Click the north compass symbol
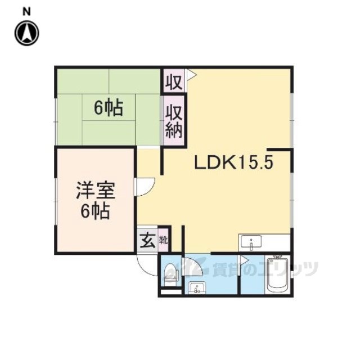[27, 33]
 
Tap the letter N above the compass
[26, 12]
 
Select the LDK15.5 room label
[234, 163]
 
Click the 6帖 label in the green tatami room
[109, 108]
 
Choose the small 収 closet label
[174, 82]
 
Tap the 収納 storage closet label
[174, 122]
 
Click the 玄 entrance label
[147, 240]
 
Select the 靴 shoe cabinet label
[164, 241]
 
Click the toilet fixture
[171, 274]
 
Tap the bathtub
[278, 275]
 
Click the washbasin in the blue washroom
[197, 288]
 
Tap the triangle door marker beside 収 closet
[192, 74]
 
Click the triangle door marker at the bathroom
[244, 260]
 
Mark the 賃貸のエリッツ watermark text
[265, 269]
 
